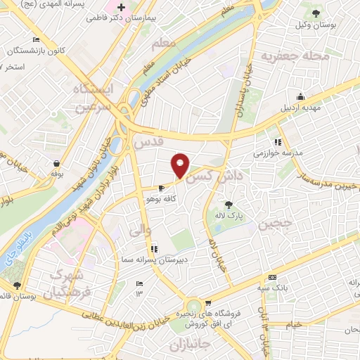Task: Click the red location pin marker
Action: [x=181, y=165]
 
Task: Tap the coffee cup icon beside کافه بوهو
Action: [x=162, y=188]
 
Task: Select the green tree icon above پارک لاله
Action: [x=228, y=205]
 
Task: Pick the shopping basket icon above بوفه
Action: [x=55, y=162]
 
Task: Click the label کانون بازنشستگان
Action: [x=39, y=51]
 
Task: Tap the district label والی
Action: [x=141, y=228]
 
